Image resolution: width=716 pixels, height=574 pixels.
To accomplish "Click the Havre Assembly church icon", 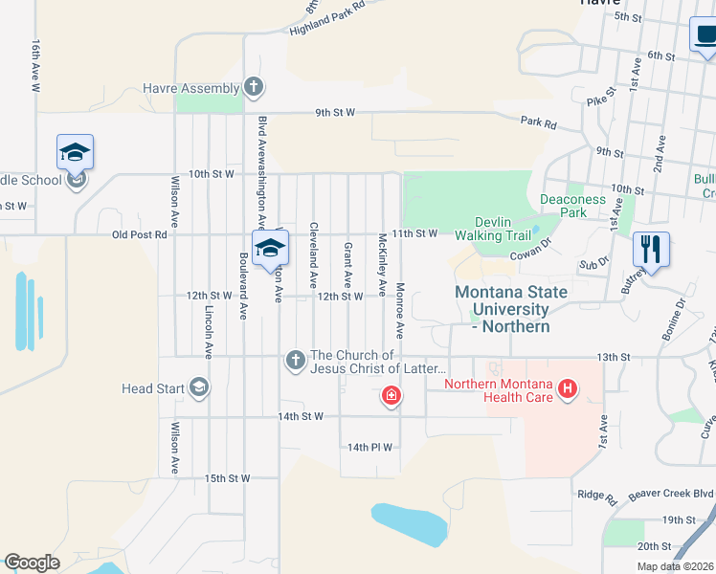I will [253, 89].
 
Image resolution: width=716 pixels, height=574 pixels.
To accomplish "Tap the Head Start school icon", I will [199, 387].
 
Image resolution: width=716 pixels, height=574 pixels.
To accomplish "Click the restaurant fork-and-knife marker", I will [650, 251].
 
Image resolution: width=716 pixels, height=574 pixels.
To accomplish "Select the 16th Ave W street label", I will [35, 65].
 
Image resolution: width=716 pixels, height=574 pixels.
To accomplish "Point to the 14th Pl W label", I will [370, 447].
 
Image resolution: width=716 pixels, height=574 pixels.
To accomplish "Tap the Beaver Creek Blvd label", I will [671, 496].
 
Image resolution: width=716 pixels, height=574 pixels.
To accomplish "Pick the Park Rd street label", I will [538, 122].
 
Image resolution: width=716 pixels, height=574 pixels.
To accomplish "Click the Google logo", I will [32, 563].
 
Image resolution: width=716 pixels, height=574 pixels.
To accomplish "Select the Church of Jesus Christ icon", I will [295, 361].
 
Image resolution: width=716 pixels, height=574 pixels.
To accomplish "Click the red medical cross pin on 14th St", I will [391, 395].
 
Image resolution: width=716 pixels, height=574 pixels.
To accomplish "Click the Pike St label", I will [597, 99].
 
